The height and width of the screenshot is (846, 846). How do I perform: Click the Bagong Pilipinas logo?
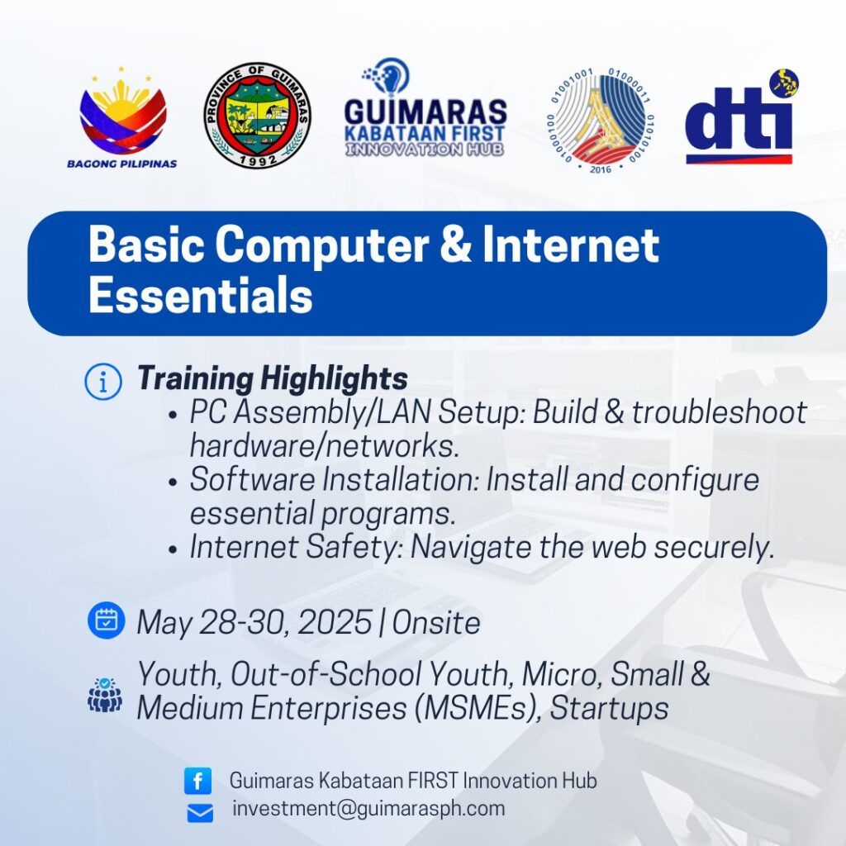tap(122, 117)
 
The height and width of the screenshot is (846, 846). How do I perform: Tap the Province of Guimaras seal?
tap(258, 115)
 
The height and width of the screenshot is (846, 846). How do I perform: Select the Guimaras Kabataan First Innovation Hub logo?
tap(425, 108)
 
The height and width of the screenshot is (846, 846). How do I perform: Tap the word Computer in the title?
tap(322, 245)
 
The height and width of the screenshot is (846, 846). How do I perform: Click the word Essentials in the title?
tap(200, 295)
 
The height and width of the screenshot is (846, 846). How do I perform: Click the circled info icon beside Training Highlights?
tap(103, 382)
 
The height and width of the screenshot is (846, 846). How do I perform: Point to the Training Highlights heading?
tap(273, 378)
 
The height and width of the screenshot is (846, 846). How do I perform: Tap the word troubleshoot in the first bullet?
tap(720, 412)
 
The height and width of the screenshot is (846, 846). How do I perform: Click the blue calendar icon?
tap(107, 620)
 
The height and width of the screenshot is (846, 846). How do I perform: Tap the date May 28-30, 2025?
tap(254, 623)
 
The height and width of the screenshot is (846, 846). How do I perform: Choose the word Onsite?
tap(436, 623)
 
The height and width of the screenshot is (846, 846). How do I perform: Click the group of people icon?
tap(105, 695)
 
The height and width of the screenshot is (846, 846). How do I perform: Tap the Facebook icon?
tap(198, 781)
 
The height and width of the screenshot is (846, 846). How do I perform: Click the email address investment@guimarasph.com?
tap(368, 809)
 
